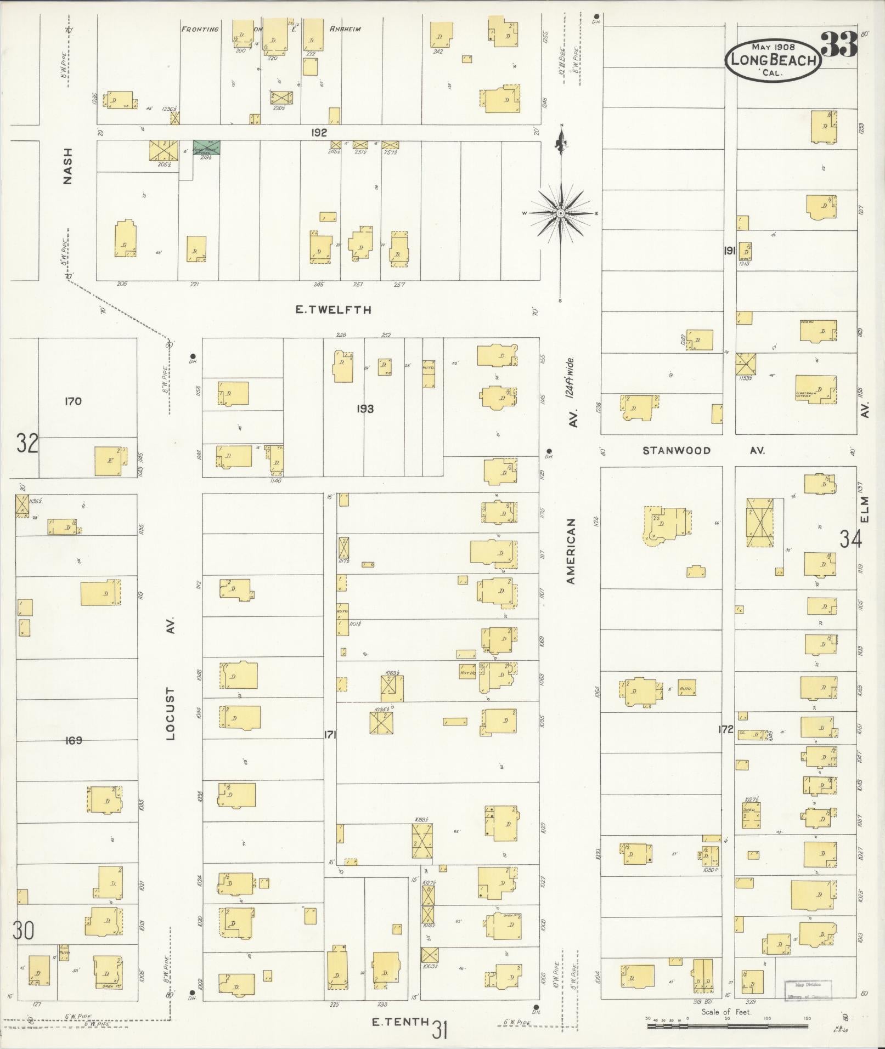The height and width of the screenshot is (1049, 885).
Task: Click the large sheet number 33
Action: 839,44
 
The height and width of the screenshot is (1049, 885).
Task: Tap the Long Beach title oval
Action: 774,60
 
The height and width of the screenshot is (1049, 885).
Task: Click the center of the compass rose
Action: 561,213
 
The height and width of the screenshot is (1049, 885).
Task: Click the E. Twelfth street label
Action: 333,310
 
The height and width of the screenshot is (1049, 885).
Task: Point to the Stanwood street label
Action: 677,450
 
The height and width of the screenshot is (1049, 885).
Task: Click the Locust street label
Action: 170,714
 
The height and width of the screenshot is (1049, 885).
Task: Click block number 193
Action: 365,409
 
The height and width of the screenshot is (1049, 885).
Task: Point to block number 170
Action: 72,401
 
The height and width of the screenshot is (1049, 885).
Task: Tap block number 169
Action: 73,740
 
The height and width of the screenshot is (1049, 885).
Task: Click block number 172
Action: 725,730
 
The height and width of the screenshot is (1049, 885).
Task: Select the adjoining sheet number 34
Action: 851,540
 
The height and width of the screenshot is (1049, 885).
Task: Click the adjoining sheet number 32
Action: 27,443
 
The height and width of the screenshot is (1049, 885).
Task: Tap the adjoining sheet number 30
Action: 24,931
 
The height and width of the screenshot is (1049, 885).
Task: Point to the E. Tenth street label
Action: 400,1021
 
